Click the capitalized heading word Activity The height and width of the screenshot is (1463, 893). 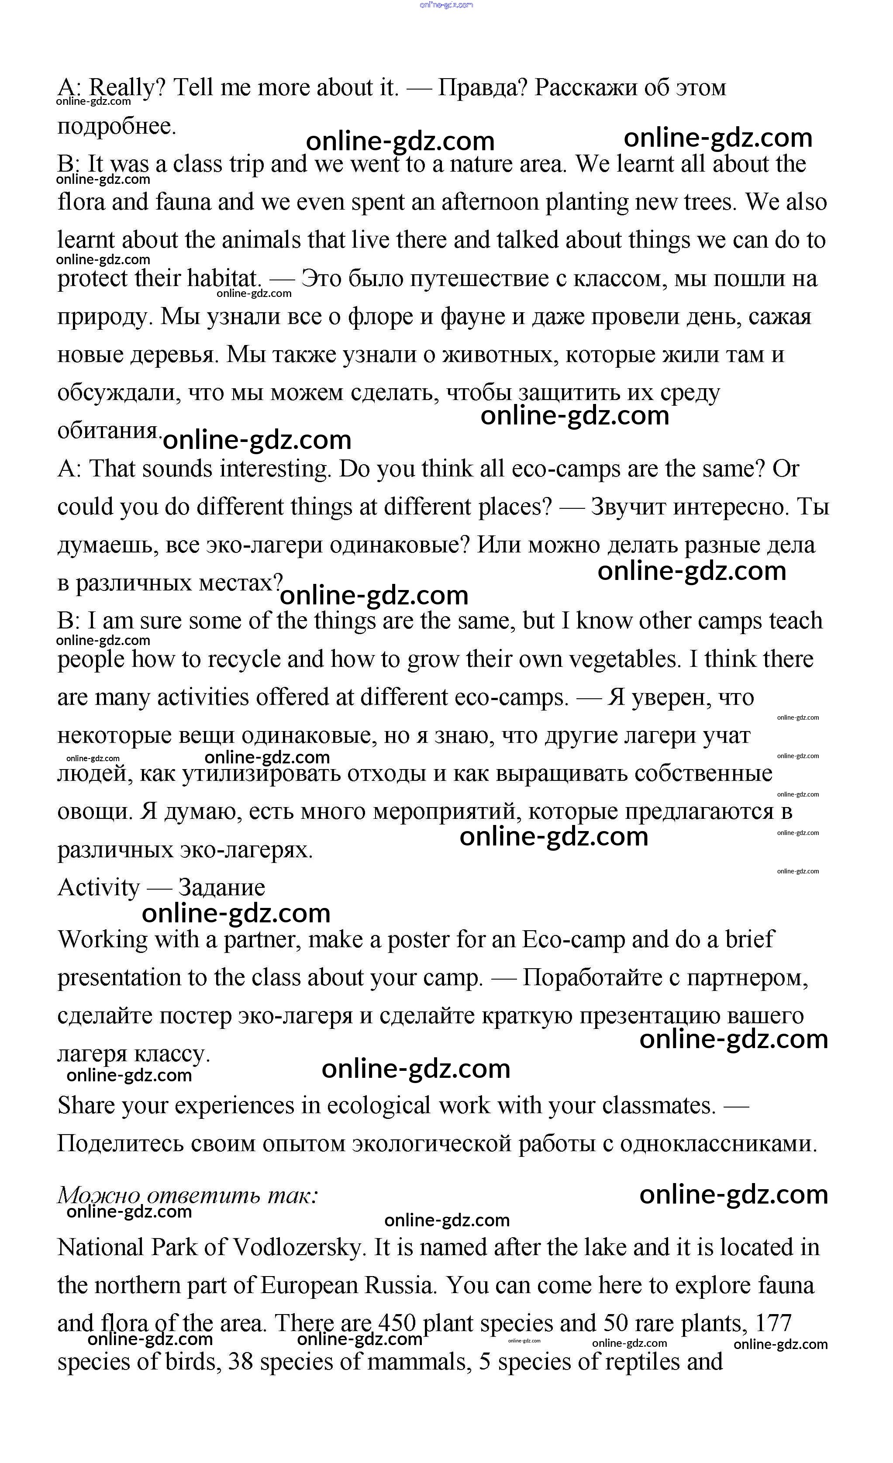click(x=98, y=888)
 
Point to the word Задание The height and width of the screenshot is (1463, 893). click(x=221, y=888)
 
